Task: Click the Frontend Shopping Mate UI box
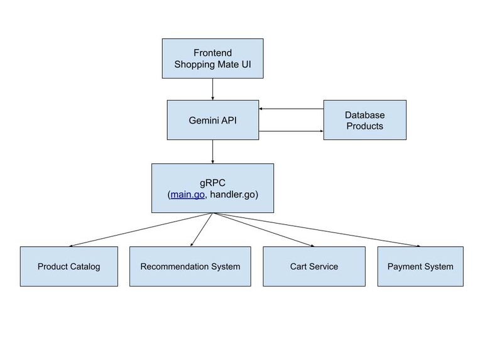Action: pyautogui.click(x=212, y=58)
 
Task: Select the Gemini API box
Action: pyautogui.click(x=212, y=119)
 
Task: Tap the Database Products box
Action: pyautogui.click(x=364, y=119)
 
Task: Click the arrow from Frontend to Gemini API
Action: pyautogui.click(x=212, y=89)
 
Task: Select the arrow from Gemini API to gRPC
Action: pyautogui.click(x=212, y=151)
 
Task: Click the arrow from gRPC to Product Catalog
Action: pyautogui.click(x=141, y=229)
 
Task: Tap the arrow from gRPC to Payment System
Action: pyautogui.click(x=317, y=229)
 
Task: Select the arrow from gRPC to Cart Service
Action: pyautogui.click(x=263, y=229)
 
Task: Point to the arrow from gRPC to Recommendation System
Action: pyautogui.click(x=201, y=229)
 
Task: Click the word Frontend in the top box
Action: pyautogui.click(x=212, y=53)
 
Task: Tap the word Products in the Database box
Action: pyautogui.click(x=364, y=126)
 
